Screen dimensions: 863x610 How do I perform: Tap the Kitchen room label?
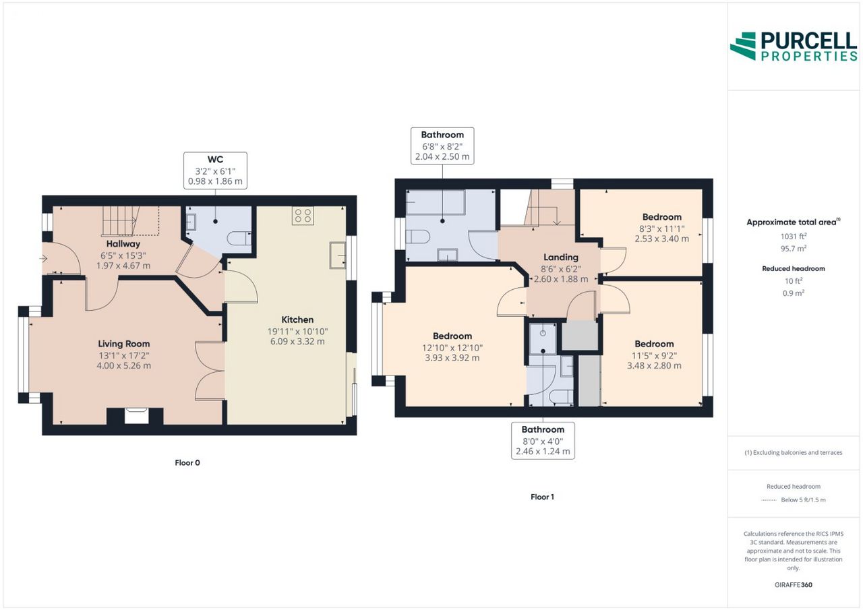297,319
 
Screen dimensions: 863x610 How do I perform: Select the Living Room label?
123,344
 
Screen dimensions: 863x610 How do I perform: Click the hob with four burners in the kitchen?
303,216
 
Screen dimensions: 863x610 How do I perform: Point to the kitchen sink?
338,255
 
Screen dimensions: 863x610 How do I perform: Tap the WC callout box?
215,171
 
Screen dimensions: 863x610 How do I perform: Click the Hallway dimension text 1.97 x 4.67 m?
123,266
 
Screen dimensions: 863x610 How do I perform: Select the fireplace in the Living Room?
135,417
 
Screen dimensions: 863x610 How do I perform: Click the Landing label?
561,257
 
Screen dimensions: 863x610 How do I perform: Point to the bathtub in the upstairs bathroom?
436,202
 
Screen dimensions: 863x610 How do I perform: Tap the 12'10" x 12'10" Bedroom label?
452,336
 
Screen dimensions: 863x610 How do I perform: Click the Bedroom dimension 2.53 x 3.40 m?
662,239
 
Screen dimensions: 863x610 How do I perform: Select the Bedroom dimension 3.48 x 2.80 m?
654,366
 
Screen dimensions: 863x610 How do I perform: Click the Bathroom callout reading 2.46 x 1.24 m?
543,441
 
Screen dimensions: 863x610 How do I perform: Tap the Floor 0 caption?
187,463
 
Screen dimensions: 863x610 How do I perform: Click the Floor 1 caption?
543,497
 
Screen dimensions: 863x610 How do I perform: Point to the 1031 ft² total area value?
794,237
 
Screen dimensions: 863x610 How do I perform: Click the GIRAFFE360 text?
794,585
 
